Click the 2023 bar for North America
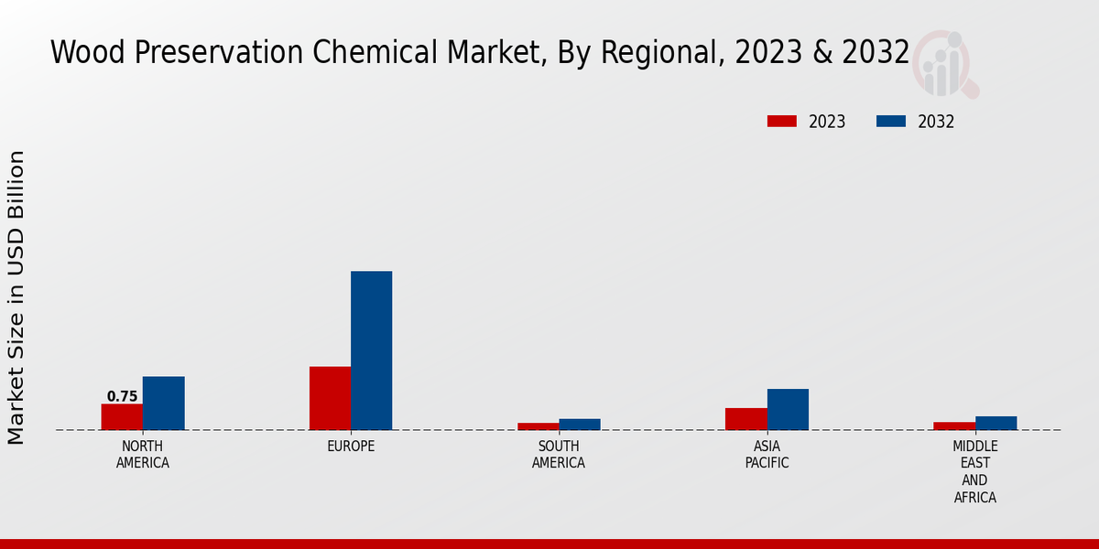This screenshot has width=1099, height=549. [x=122, y=416]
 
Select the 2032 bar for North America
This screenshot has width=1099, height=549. [x=163, y=403]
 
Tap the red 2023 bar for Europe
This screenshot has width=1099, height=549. [x=330, y=398]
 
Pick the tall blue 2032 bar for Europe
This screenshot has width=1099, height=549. [x=371, y=350]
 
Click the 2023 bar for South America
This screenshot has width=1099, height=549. [x=538, y=426]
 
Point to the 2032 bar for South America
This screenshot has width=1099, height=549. [x=580, y=425]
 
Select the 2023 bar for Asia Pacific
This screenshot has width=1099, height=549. [x=745, y=419]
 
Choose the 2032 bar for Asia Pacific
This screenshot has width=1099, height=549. [x=788, y=409]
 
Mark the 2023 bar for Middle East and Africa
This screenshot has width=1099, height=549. [x=954, y=425]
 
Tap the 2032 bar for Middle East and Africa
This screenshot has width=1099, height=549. [x=996, y=423]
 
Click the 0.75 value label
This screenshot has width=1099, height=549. [x=122, y=396]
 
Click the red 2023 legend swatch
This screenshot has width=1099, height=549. [x=781, y=122]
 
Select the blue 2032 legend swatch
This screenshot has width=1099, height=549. [x=890, y=122]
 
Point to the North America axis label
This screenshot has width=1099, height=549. [x=142, y=455]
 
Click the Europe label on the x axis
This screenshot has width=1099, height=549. [x=351, y=447]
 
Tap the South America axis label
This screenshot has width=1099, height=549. [x=559, y=455]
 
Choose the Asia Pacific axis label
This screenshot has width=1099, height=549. [x=767, y=455]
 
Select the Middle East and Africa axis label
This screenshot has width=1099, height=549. [x=974, y=472]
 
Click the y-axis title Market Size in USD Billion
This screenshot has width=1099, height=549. [x=16, y=297]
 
